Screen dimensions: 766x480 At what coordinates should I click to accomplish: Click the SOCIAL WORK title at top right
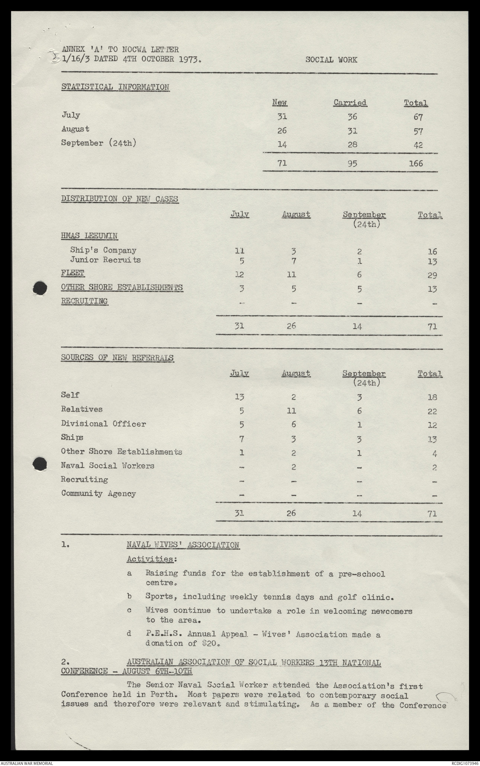[x=331, y=60]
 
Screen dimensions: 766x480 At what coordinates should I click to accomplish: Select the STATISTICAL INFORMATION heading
[x=115, y=87]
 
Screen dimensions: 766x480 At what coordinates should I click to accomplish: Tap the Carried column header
[x=350, y=103]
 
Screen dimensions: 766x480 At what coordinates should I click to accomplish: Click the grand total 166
[x=415, y=163]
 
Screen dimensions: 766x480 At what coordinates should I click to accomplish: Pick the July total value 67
[x=418, y=117]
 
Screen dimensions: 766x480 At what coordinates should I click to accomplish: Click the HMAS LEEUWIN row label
[x=89, y=236]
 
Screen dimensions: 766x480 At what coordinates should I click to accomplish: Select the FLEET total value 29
[x=432, y=275]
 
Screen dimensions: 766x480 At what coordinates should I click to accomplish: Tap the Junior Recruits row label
[x=105, y=260]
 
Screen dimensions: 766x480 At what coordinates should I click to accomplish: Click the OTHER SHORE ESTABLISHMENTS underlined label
[x=122, y=287]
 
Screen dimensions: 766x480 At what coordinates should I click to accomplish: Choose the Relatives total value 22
[x=432, y=411]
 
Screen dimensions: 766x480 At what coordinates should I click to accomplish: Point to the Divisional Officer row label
[x=103, y=424]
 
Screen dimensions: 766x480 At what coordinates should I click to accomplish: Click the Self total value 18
[x=432, y=397]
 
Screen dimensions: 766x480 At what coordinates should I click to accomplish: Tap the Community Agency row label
[x=99, y=494]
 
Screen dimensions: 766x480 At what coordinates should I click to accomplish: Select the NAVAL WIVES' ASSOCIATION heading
[x=183, y=545]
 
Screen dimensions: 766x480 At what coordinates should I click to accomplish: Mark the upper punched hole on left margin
[x=39, y=287]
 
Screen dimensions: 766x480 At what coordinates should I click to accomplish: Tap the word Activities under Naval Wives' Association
[x=150, y=559]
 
